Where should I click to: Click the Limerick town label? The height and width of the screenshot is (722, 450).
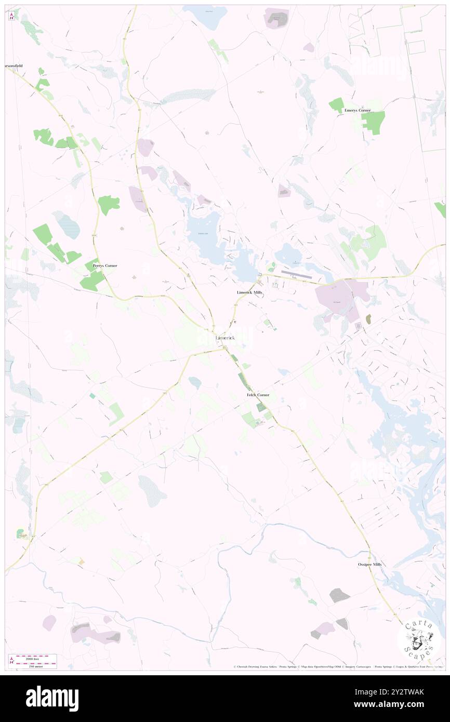(x=225, y=338)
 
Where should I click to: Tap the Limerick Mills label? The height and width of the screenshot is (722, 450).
(x=250, y=293)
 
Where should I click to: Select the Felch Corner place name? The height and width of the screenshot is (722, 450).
(x=258, y=395)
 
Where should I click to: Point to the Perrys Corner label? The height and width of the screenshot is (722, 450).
(x=105, y=265)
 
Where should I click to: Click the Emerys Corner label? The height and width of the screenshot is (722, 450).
(x=357, y=111)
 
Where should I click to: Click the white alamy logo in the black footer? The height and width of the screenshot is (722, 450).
(x=52, y=698)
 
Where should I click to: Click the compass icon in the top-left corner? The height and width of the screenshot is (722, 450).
(x=11, y=16)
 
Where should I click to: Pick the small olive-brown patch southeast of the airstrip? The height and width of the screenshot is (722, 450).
(x=368, y=319)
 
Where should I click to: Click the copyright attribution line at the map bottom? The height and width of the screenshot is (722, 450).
(x=338, y=666)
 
